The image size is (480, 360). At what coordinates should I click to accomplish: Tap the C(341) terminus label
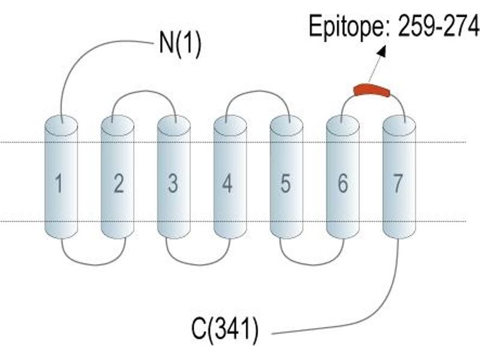click(224, 329)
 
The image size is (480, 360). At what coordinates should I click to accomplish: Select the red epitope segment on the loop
click(371, 89)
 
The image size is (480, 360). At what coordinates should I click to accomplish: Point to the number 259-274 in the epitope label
click(439, 26)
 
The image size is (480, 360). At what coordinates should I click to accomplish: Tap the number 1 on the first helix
click(59, 183)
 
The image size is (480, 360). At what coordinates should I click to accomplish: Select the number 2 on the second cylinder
click(119, 183)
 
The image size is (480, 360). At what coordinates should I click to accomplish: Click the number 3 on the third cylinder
click(173, 183)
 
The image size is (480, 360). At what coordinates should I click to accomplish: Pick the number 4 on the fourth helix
click(227, 183)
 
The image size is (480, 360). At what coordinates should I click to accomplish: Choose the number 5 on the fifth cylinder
click(286, 183)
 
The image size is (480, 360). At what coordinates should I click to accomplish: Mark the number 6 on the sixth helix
click(343, 183)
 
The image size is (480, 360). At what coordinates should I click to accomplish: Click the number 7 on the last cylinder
click(397, 183)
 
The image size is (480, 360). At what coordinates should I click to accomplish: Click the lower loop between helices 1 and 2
click(94, 264)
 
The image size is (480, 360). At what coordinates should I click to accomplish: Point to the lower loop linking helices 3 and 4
click(199, 265)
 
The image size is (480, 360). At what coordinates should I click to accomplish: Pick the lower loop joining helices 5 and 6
click(312, 264)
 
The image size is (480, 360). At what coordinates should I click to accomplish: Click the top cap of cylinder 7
click(399, 126)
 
